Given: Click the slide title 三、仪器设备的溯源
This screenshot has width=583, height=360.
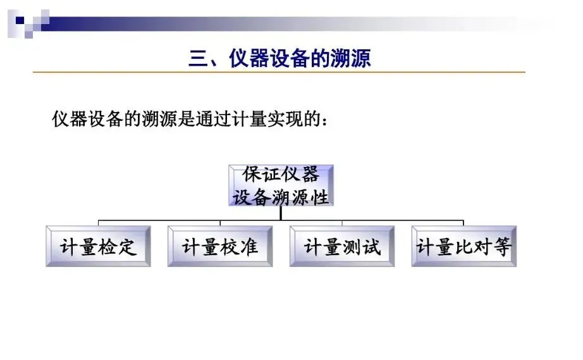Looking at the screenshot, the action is click(279, 59).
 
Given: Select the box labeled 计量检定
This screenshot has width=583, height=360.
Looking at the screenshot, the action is click(99, 246).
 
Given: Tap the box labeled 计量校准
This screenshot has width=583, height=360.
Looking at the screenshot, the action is click(220, 246).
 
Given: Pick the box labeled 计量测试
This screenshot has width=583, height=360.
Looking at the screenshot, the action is click(342, 246).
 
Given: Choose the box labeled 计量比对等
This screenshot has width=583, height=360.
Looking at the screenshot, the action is click(463, 246).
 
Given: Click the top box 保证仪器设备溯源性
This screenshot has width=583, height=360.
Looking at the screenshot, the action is click(280, 185).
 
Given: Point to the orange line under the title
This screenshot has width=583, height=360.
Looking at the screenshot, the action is click(279, 73).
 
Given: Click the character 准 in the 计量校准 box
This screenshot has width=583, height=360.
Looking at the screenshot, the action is click(249, 247).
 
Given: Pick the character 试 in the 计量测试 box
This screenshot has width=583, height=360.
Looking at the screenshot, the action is click(371, 247).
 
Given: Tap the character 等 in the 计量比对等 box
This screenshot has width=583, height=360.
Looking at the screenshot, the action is click(501, 247).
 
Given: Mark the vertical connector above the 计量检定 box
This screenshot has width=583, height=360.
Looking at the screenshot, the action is click(99, 222).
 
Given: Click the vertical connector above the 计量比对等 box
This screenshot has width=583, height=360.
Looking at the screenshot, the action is click(463, 222).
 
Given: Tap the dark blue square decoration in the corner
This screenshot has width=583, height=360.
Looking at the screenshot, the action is click(20, 20).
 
